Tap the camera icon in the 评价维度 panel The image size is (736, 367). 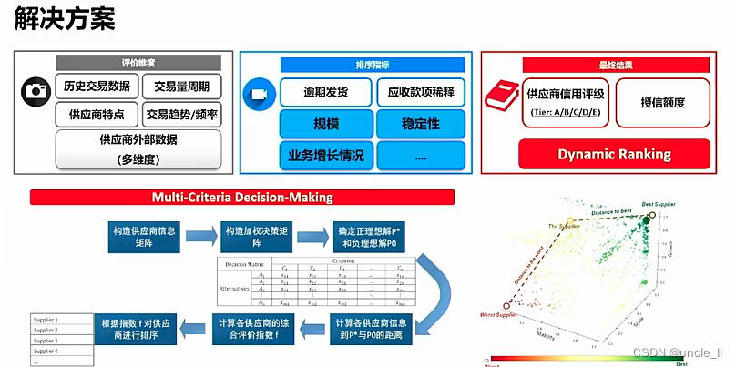(36, 91)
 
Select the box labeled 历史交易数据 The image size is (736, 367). (97, 87)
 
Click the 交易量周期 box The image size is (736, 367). (182, 87)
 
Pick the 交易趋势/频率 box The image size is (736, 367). (182, 115)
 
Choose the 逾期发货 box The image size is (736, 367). (325, 92)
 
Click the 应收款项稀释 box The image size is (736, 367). (420, 92)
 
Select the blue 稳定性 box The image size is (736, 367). (420, 122)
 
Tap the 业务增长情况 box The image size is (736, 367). (325, 155)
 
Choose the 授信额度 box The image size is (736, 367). (662, 102)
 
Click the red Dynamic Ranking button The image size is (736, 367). (614, 154)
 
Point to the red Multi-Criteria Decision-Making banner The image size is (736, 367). (242, 197)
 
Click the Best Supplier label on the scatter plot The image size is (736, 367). (660, 204)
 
